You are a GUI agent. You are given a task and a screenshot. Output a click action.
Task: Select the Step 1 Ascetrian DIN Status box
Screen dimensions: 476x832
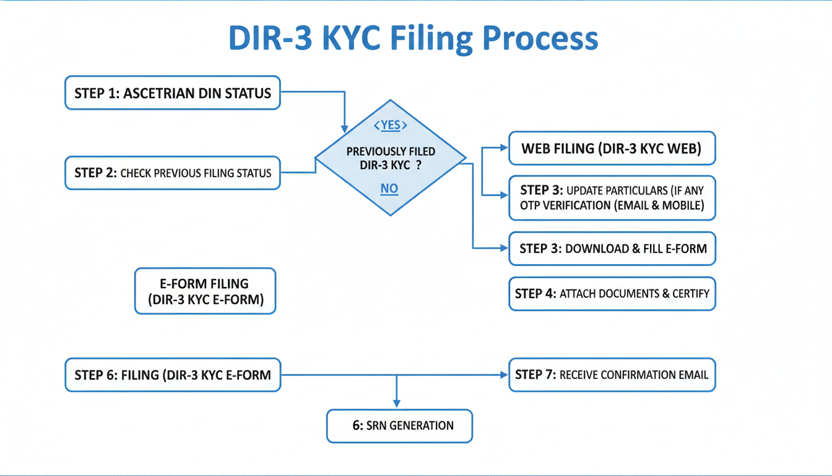(x=173, y=93)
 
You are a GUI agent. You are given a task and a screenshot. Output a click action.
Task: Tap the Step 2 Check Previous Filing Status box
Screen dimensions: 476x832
(x=173, y=173)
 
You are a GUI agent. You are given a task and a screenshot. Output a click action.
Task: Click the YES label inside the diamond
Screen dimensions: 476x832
(x=391, y=125)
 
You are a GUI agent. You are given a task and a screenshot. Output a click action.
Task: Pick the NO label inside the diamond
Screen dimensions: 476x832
(x=389, y=188)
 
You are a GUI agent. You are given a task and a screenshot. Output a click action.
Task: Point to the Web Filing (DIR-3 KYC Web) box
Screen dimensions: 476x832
(x=612, y=149)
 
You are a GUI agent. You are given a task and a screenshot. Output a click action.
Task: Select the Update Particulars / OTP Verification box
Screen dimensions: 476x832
(x=612, y=198)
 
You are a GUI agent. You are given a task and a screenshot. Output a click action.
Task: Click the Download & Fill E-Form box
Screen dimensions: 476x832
(x=612, y=249)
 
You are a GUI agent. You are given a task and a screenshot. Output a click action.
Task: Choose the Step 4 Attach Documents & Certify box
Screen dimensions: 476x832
(x=612, y=293)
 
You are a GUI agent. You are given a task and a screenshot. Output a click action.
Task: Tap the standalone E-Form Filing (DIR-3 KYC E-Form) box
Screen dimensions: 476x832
(x=205, y=291)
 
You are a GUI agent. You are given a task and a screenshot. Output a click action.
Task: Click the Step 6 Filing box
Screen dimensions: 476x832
(x=173, y=375)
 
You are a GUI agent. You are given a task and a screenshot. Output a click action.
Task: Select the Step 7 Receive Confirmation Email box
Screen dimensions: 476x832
(x=612, y=375)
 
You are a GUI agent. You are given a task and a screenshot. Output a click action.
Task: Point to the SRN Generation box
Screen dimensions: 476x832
(x=399, y=426)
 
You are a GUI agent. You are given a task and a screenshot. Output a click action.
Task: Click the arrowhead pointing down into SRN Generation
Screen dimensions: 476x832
(x=396, y=404)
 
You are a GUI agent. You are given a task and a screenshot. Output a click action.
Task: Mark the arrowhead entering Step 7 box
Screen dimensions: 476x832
(x=504, y=375)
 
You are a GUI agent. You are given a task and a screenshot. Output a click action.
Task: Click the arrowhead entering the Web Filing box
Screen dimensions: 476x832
(x=504, y=148)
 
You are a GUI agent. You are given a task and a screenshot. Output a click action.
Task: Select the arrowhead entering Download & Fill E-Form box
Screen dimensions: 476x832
(x=504, y=248)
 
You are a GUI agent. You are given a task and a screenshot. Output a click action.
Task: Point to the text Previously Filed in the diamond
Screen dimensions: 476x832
(x=390, y=152)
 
